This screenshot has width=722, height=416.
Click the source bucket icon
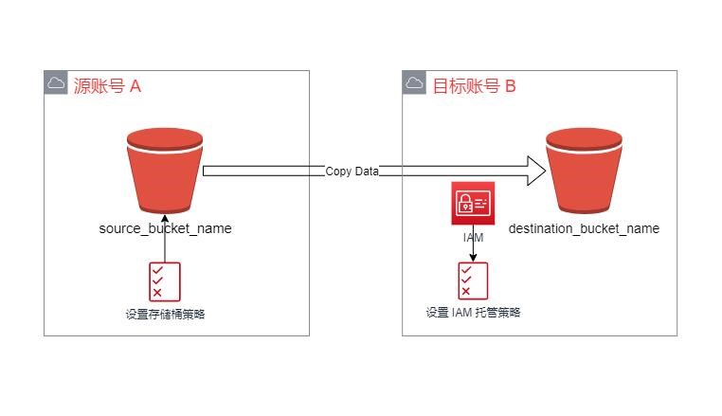click(165, 171)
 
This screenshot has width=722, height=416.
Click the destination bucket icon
click(584, 171)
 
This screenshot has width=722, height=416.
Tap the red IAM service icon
click(473, 203)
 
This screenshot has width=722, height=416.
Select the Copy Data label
click(352, 172)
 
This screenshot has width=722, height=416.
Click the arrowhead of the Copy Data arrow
click(537, 171)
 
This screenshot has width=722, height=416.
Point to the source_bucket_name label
click(165, 228)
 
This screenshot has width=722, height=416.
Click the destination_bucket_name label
click(584, 228)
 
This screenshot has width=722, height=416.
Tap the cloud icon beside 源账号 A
click(56, 82)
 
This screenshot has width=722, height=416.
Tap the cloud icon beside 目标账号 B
click(414, 82)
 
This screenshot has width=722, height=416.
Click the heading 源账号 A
click(107, 86)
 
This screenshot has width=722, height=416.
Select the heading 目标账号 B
click(475, 86)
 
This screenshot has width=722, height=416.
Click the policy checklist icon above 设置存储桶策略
click(165, 282)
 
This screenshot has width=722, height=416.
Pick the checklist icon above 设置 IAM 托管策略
click(473, 281)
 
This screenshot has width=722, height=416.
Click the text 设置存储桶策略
click(165, 315)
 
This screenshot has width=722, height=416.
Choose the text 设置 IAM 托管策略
click(473, 313)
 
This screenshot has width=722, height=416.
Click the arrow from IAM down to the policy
click(473, 244)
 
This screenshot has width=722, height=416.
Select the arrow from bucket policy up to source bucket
click(165, 238)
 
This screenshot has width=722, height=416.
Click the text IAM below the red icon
click(473, 237)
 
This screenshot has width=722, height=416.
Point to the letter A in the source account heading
click(135, 86)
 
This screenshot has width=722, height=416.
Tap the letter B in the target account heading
click(510, 86)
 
